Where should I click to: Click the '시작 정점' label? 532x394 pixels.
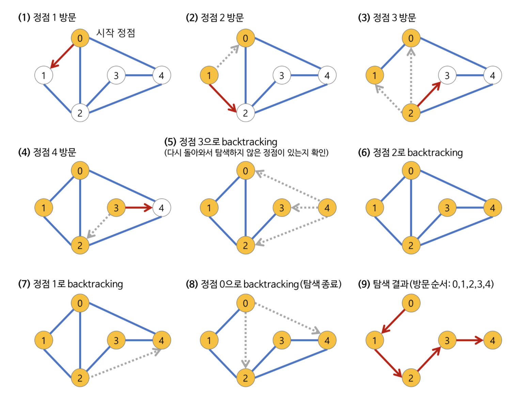point(116,33)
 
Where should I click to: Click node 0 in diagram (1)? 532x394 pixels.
point(80,38)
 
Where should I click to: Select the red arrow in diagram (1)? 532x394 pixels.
point(62,56)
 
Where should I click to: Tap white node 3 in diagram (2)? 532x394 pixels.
point(282,75)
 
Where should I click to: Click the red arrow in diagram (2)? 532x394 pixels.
point(222,98)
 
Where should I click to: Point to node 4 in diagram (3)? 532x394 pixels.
point(492,75)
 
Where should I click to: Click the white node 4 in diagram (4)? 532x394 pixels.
point(161,208)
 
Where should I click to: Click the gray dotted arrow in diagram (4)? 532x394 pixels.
point(99,226)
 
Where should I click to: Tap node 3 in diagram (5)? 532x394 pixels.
point(282,208)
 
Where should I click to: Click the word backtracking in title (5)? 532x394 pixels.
point(249,142)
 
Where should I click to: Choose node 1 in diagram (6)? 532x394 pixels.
point(375,208)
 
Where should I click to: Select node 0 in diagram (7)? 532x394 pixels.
point(80,303)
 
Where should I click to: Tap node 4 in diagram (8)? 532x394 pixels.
point(327,340)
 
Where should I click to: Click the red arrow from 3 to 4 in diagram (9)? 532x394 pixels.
point(470,340)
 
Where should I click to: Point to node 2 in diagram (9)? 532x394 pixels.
point(411,378)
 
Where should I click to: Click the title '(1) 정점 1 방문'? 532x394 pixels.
point(47,17)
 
